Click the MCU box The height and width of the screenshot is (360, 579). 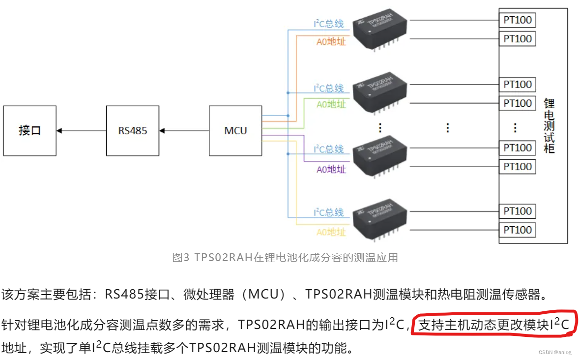click(x=235, y=131)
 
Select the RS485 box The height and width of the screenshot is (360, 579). click(x=133, y=131)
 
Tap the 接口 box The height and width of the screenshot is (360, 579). click(x=29, y=131)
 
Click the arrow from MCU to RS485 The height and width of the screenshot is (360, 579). click(x=184, y=131)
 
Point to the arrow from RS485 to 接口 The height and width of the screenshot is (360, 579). click(x=81, y=131)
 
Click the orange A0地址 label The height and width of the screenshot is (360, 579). click(x=331, y=41)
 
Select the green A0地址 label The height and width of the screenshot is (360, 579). click(x=331, y=104)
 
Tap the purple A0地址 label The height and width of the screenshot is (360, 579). click(x=331, y=169)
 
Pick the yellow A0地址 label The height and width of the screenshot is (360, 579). click(x=331, y=232)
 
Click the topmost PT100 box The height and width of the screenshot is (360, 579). click(x=518, y=20)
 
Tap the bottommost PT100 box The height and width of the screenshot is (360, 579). click(x=518, y=230)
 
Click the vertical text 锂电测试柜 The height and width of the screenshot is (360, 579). click(x=549, y=126)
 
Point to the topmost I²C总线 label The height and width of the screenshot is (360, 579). click(x=329, y=24)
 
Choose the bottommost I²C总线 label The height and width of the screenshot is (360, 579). click(x=329, y=212)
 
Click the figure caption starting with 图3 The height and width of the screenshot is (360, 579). click(x=285, y=257)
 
